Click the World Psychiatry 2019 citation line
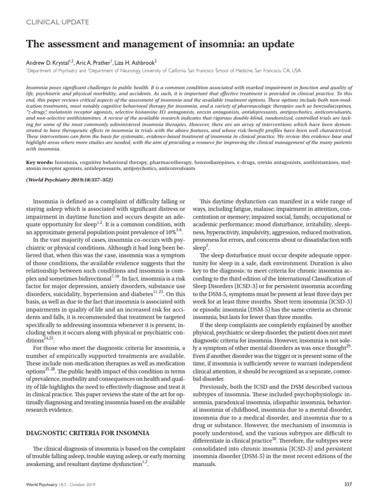62,180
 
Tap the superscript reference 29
348,346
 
